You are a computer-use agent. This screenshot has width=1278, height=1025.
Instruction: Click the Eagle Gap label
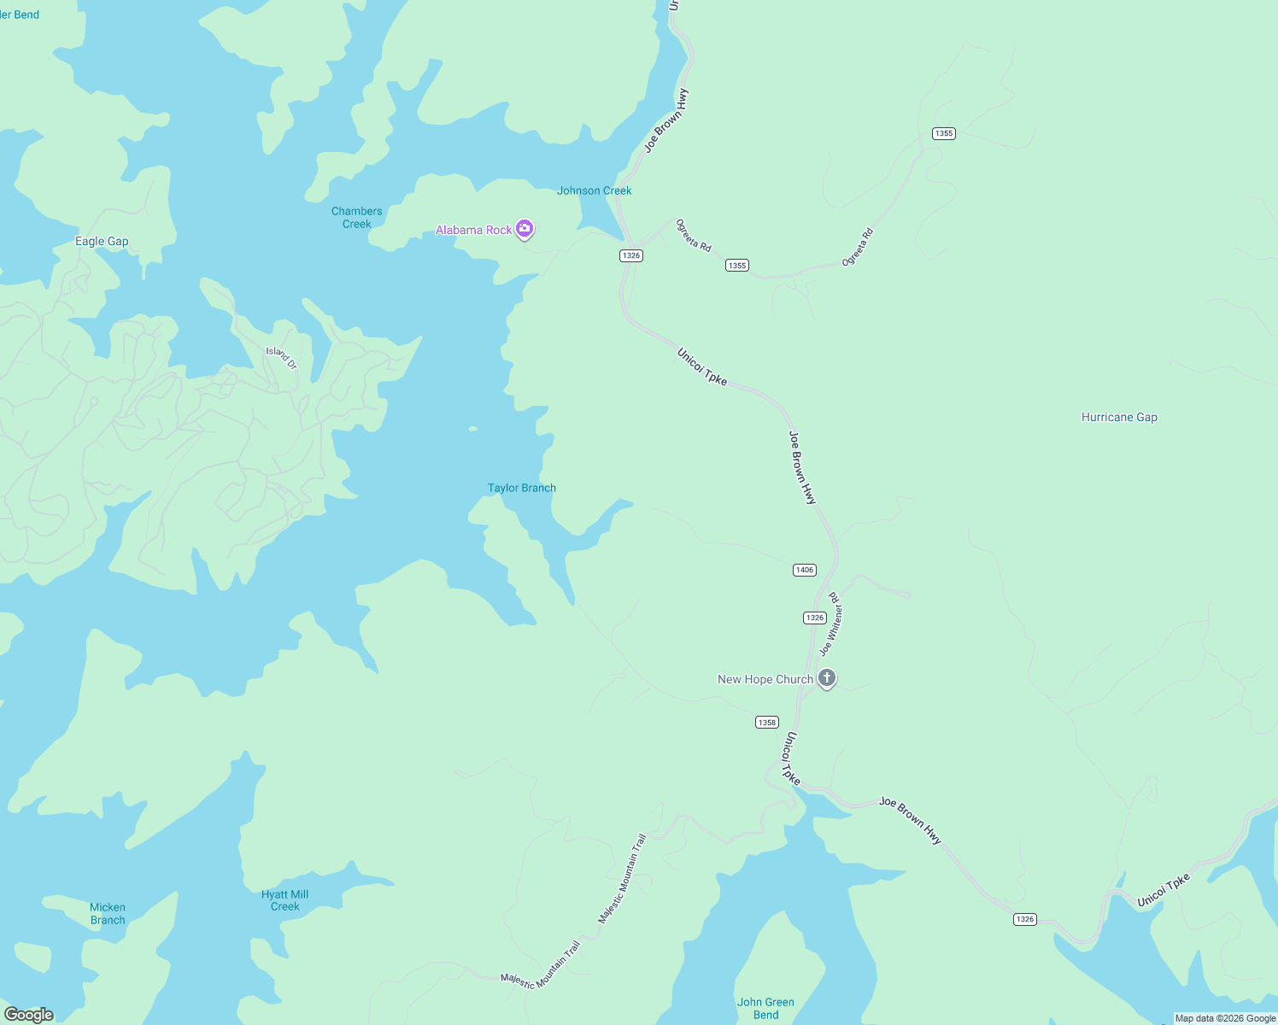(x=102, y=242)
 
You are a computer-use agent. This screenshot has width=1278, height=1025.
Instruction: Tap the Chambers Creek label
(x=357, y=218)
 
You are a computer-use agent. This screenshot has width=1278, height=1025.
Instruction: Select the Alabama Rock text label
(x=474, y=230)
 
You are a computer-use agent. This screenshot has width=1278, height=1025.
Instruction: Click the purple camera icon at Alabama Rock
(x=525, y=228)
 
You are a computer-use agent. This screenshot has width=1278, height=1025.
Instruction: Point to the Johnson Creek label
(x=594, y=190)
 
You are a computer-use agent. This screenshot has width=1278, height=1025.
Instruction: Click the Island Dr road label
(x=281, y=357)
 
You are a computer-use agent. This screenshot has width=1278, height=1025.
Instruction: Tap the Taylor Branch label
(x=521, y=488)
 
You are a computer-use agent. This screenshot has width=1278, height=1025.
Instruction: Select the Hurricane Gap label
(x=1119, y=417)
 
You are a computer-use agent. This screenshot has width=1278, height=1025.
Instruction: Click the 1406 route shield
(x=804, y=570)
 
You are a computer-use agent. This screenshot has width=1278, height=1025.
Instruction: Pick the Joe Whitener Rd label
(x=831, y=624)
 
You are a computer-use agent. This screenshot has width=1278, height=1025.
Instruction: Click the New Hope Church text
(x=765, y=679)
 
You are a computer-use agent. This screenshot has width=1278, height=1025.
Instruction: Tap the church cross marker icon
(x=826, y=678)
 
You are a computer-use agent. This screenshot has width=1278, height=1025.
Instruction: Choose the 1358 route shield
(x=767, y=723)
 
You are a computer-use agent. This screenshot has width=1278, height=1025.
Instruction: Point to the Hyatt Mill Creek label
(x=284, y=900)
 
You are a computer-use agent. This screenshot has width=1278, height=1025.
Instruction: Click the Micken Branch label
(x=108, y=914)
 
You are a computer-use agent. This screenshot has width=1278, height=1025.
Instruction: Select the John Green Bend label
(x=765, y=1008)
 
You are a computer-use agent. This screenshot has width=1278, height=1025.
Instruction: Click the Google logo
(x=29, y=1015)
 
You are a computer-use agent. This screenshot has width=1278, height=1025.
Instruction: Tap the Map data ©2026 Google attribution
(x=1225, y=1018)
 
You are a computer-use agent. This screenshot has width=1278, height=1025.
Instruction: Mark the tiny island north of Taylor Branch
(x=472, y=429)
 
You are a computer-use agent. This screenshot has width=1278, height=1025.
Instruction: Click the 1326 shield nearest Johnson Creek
(x=630, y=255)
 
